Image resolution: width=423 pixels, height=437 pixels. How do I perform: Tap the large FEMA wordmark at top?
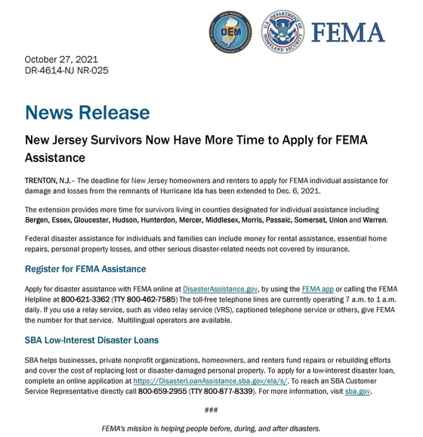[347, 32]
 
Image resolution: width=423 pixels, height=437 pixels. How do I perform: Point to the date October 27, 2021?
[61, 59]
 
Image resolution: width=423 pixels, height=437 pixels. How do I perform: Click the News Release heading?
[87, 113]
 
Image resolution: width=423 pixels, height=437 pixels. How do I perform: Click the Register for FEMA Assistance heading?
[85, 269]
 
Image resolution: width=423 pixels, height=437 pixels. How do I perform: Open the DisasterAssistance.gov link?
[221, 288]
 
